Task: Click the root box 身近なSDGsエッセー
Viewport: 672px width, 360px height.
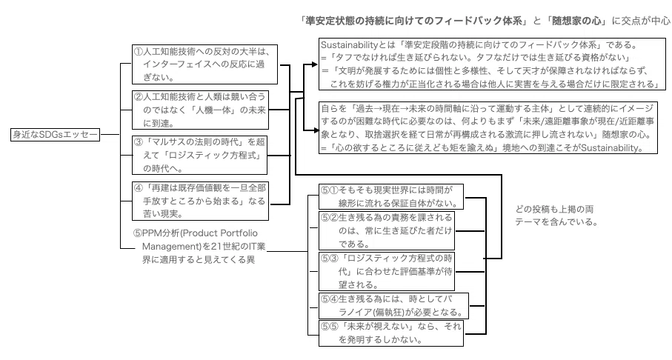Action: (x=56, y=135)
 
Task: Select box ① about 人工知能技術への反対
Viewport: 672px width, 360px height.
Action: (x=204, y=64)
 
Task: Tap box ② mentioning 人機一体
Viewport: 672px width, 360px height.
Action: (x=200, y=110)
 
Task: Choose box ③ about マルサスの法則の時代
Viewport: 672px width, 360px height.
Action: (x=199, y=155)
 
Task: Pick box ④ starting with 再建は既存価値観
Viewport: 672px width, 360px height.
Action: (x=200, y=201)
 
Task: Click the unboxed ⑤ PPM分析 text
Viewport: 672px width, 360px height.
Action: (x=200, y=246)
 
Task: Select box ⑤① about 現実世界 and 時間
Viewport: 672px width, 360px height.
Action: (x=391, y=196)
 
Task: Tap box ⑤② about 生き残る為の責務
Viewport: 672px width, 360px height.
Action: (x=387, y=230)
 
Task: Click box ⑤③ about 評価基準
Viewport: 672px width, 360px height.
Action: (x=387, y=271)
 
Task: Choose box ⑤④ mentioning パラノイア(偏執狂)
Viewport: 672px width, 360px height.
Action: (x=393, y=306)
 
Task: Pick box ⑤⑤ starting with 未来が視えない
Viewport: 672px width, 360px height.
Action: (x=391, y=333)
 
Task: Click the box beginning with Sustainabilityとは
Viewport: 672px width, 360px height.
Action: (x=492, y=64)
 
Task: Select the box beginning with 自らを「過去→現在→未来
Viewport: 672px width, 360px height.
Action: (x=488, y=127)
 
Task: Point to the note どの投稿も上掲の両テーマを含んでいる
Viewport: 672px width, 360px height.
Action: (x=556, y=216)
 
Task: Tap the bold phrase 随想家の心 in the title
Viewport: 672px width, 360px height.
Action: (x=576, y=21)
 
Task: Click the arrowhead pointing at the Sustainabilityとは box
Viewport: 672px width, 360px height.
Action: (x=314, y=64)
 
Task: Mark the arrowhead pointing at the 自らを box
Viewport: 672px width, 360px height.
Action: (x=314, y=130)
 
